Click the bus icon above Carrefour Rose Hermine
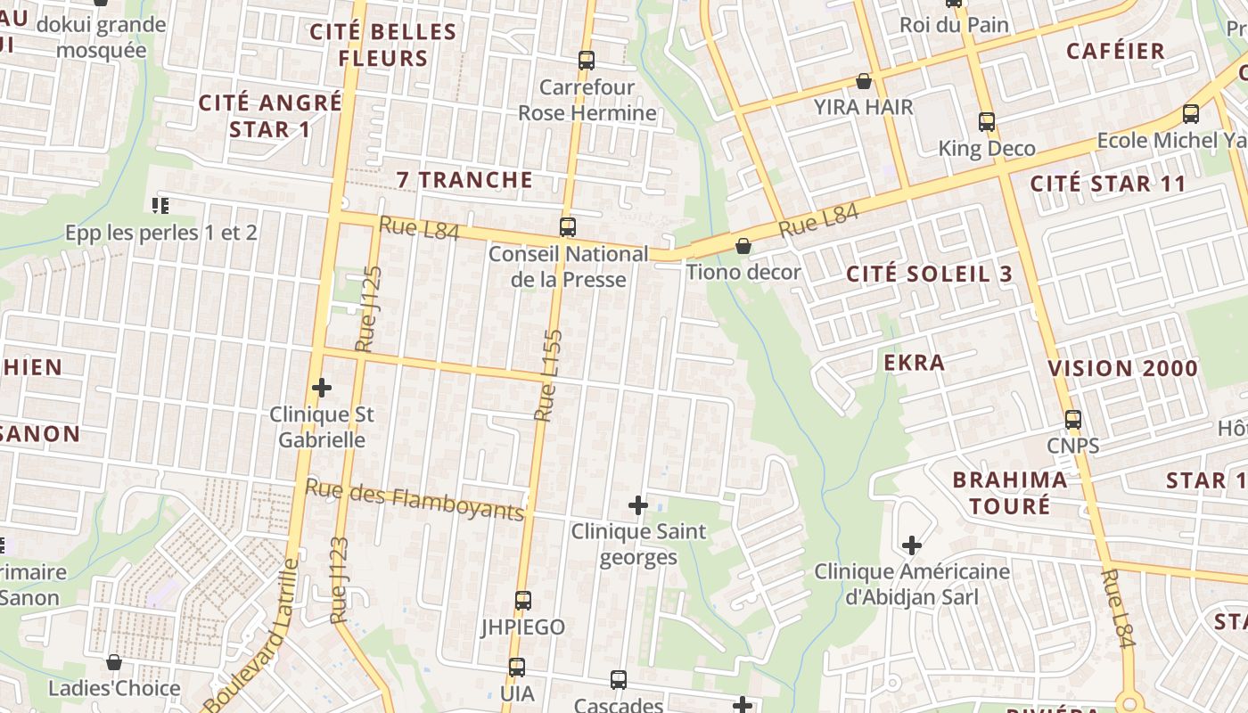tap(586, 61)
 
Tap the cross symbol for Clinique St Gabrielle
tap(322, 388)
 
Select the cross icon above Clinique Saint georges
tap(638, 505)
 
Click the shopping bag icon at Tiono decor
tap(743, 246)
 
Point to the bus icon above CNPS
tap(1072, 419)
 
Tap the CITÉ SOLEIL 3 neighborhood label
tap(930, 274)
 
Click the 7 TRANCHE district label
tap(464, 179)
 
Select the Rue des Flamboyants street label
tap(415, 499)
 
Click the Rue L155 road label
tap(549, 375)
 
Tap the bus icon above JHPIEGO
tap(523, 601)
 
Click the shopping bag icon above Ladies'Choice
tap(114, 662)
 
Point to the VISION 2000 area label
tap(1122, 368)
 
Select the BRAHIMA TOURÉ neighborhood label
tap(1009, 492)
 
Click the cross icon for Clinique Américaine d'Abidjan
tap(911, 545)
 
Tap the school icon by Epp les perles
tap(160, 206)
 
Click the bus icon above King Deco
tap(986, 122)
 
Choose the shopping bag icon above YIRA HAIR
tap(863, 82)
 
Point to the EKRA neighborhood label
tap(914, 362)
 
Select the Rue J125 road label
tap(367, 308)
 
